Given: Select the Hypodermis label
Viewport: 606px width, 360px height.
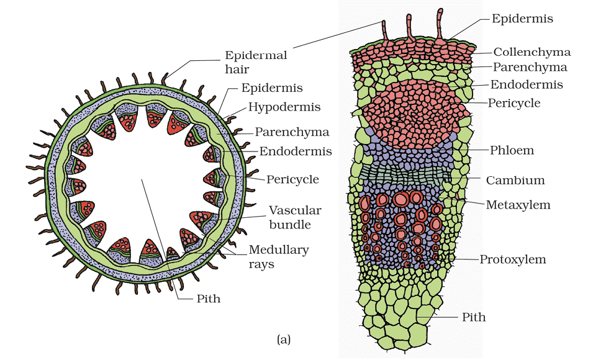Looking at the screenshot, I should [x=284, y=107].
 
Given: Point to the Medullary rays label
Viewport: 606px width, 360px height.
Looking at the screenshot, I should [x=279, y=257].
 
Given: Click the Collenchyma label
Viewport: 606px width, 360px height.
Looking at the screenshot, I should [x=531, y=52].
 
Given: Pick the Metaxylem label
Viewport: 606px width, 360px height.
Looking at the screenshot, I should [x=518, y=204].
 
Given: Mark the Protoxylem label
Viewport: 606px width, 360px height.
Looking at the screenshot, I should [x=513, y=259].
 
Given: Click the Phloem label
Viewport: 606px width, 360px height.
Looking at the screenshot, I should [x=511, y=150].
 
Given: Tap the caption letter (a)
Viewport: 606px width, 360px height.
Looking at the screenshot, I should [x=283, y=339].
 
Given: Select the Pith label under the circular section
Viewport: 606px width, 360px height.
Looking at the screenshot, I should [x=208, y=299].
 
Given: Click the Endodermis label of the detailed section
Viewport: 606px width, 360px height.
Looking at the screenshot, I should [x=527, y=84].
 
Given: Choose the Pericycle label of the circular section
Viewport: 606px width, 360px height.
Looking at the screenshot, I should [x=292, y=179].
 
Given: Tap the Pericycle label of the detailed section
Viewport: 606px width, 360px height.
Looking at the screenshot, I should [x=515, y=102].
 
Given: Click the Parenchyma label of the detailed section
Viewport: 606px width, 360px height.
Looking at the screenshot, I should [x=530, y=67].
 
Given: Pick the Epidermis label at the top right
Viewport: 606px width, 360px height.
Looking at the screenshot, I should [x=522, y=19].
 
